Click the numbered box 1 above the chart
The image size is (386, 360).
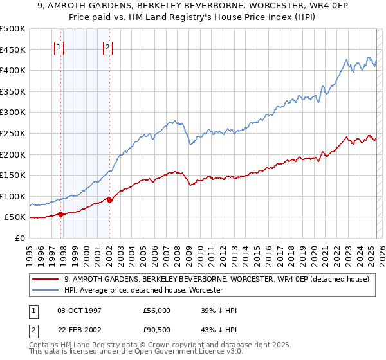(59, 46)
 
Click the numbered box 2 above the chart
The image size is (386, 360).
(107, 46)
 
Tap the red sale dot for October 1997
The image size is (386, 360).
(61, 215)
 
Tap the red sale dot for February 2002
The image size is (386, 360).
(109, 200)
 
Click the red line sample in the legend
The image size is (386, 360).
(46, 279)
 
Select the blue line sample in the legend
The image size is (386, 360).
(46, 291)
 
